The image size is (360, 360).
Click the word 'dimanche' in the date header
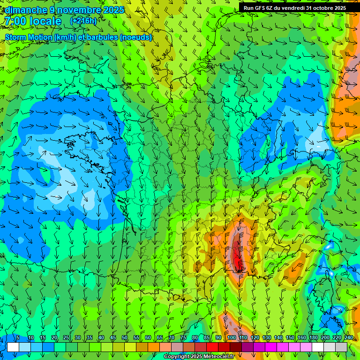coord(26,10)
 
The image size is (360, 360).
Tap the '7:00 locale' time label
coord(33,21)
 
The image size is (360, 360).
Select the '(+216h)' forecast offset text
coord(83,21)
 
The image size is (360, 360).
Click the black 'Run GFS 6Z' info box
coord(295,7)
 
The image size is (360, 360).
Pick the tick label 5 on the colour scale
coord(18,337)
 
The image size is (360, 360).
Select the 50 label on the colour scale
coord(125,337)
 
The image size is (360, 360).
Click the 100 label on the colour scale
coord(231,337)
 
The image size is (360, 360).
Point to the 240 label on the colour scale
coord(348,337)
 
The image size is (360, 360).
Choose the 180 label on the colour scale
coord(313,337)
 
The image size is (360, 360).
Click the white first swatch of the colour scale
coord(13,347)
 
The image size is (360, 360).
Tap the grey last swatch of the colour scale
coord(342,347)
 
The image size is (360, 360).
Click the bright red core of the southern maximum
coord(237,255)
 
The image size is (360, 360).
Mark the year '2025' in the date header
coord(113,10)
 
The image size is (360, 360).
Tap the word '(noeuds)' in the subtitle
coord(135,37)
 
